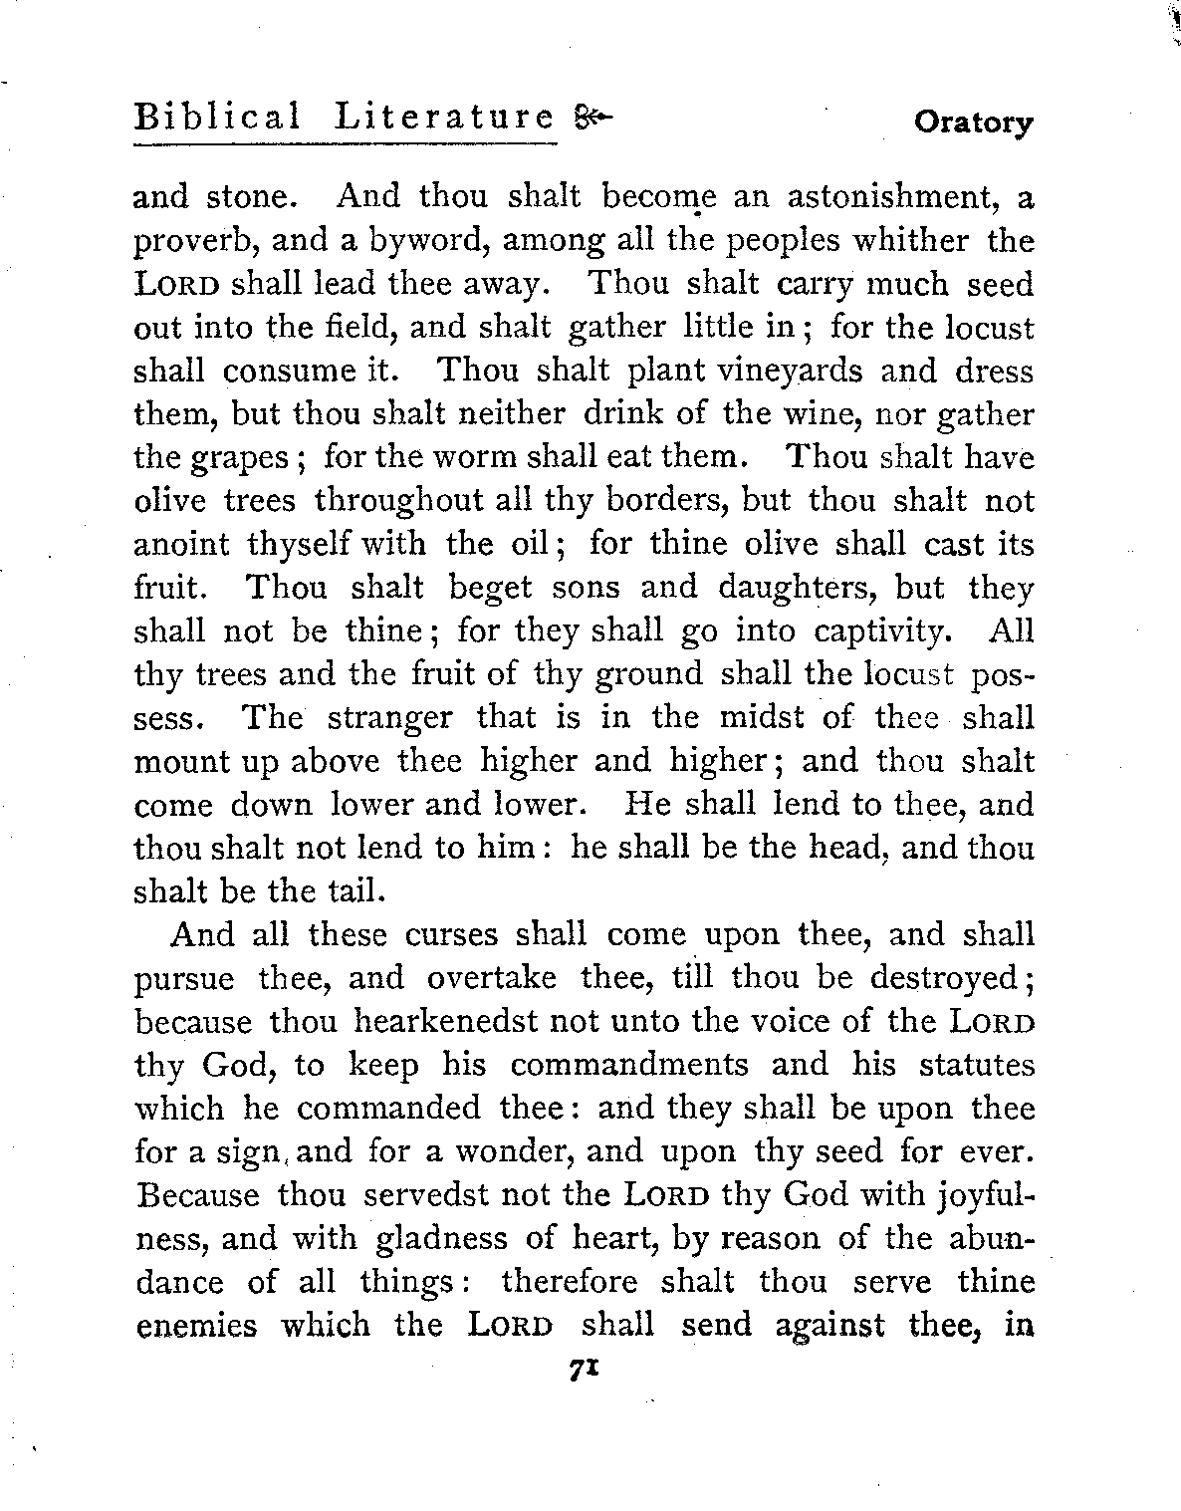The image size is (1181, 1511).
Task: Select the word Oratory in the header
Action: pos(974,124)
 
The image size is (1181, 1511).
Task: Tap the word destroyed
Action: pos(943,979)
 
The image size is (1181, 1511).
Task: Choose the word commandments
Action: pos(629,1065)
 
